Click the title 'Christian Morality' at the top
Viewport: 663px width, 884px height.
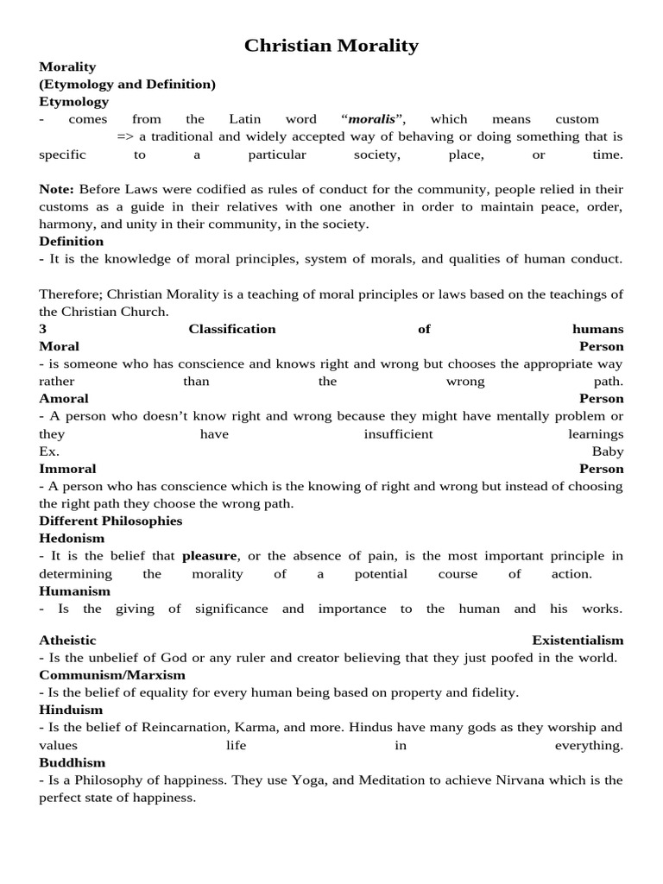[x=331, y=46]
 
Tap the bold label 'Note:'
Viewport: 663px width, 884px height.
[x=57, y=189]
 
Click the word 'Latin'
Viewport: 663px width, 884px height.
[x=244, y=119]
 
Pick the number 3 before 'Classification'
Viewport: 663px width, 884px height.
[x=42, y=329]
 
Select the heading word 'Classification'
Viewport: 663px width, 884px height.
[x=232, y=329]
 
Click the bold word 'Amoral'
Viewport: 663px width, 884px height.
[x=64, y=399]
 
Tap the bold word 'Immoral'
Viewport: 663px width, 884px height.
[x=66, y=469]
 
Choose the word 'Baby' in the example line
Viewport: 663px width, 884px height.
[x=607, y=451]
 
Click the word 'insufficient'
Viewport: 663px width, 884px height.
[x=398, y=434]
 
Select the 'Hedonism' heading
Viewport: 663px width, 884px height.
[x=72, y=539]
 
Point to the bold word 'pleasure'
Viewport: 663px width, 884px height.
[x=209, y=556]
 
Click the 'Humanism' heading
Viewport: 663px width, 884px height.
[x=75, y=591]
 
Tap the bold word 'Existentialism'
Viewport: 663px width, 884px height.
[x=578, y=641]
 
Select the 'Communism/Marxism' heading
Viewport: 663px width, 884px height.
[x=112, y=675]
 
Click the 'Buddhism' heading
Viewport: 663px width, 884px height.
[x=73, y=763]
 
